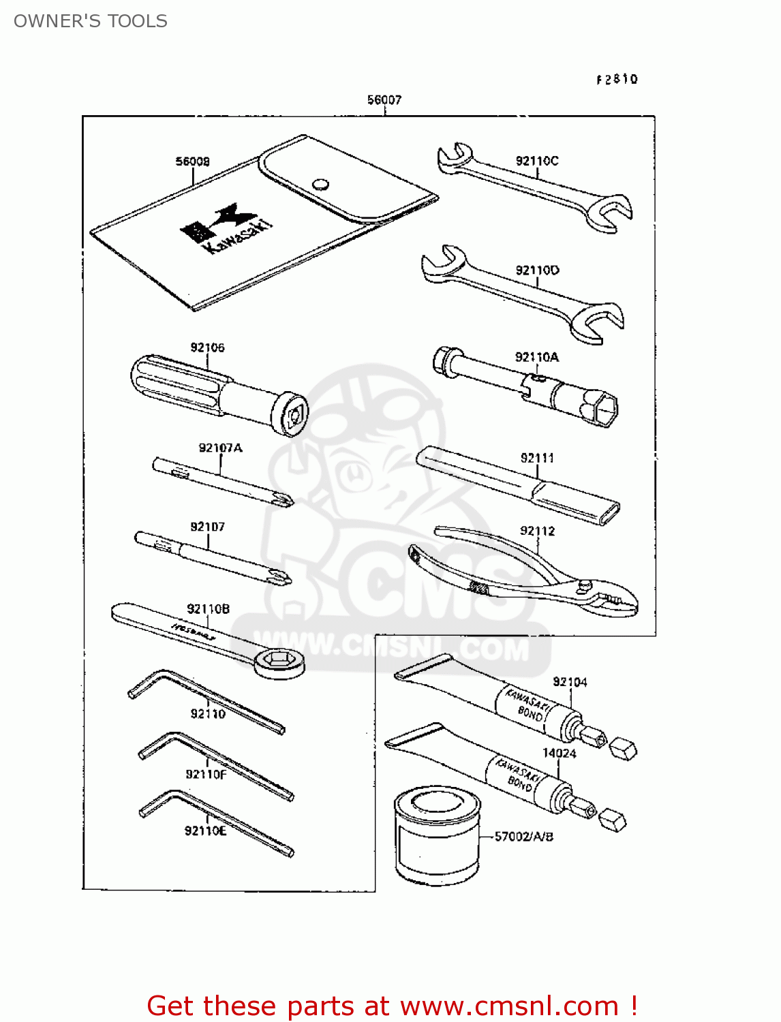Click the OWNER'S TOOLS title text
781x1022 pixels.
(x=91, y=21)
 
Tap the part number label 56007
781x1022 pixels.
(x=384, y=100)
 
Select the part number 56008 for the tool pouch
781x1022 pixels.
(x=193, y=161)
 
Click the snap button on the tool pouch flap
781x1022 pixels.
(x=320, y=184)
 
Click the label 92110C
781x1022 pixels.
(x=537, y=161)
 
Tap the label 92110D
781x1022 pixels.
(x=537, y=270)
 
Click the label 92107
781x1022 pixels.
(x=207, y=527)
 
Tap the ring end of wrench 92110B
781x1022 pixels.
(x=279, y=661)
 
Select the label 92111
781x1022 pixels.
(x=537, y=458)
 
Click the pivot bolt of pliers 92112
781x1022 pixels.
(x=584, y=585)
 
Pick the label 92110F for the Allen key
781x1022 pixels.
(x=206, y=774)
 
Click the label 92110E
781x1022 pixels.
(x=205, y=831)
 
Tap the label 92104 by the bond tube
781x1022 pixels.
(x=570, y=682)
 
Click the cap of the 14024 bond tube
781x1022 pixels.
(x=615, y=820)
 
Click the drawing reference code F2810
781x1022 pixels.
(x=617, y=80)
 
